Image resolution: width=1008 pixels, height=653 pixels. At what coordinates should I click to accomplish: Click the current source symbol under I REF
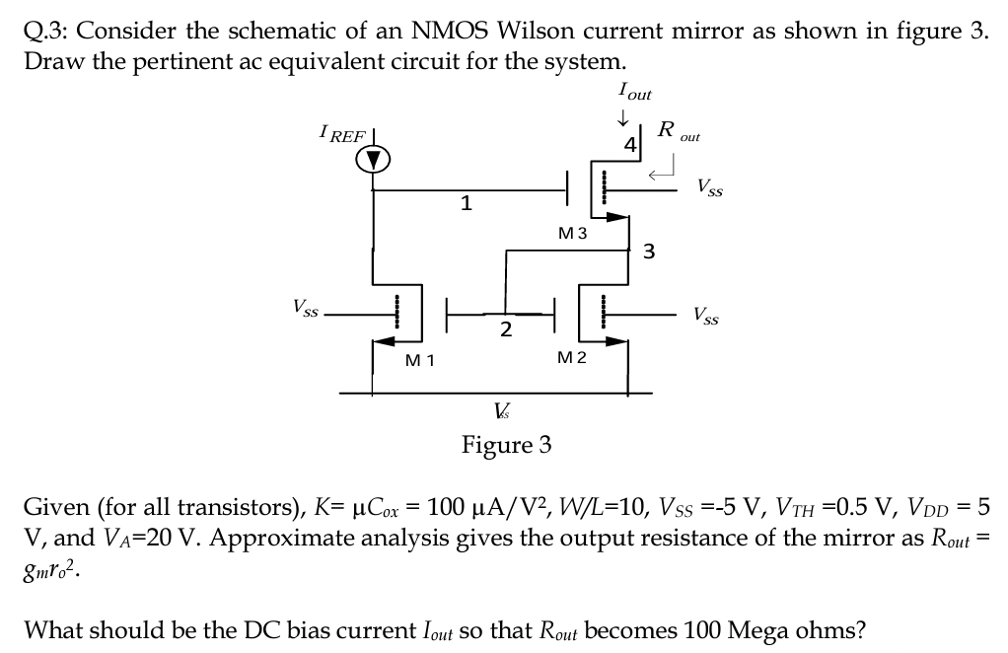pyautogui.click(x=373, y=160)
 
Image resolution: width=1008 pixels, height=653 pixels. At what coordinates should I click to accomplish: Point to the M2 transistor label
pyautogui.click(x=572, y=356)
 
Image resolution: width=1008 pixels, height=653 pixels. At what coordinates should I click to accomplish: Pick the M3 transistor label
pyautogui.click(x=572, y=234)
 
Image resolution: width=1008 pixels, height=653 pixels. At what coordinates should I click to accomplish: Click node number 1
pyautogui.click(x=467, y=205)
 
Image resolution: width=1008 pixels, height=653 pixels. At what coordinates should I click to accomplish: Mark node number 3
pyautogui.click(x=648, y=251)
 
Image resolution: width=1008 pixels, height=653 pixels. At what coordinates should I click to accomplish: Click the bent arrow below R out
pyautogui.click(x=661, y=173)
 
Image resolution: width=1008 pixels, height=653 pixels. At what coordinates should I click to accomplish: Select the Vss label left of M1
pyautogui.click(x=304, y=309)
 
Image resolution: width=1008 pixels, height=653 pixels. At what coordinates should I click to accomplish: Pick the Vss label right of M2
pyautogui.click(x=705, y=317)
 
